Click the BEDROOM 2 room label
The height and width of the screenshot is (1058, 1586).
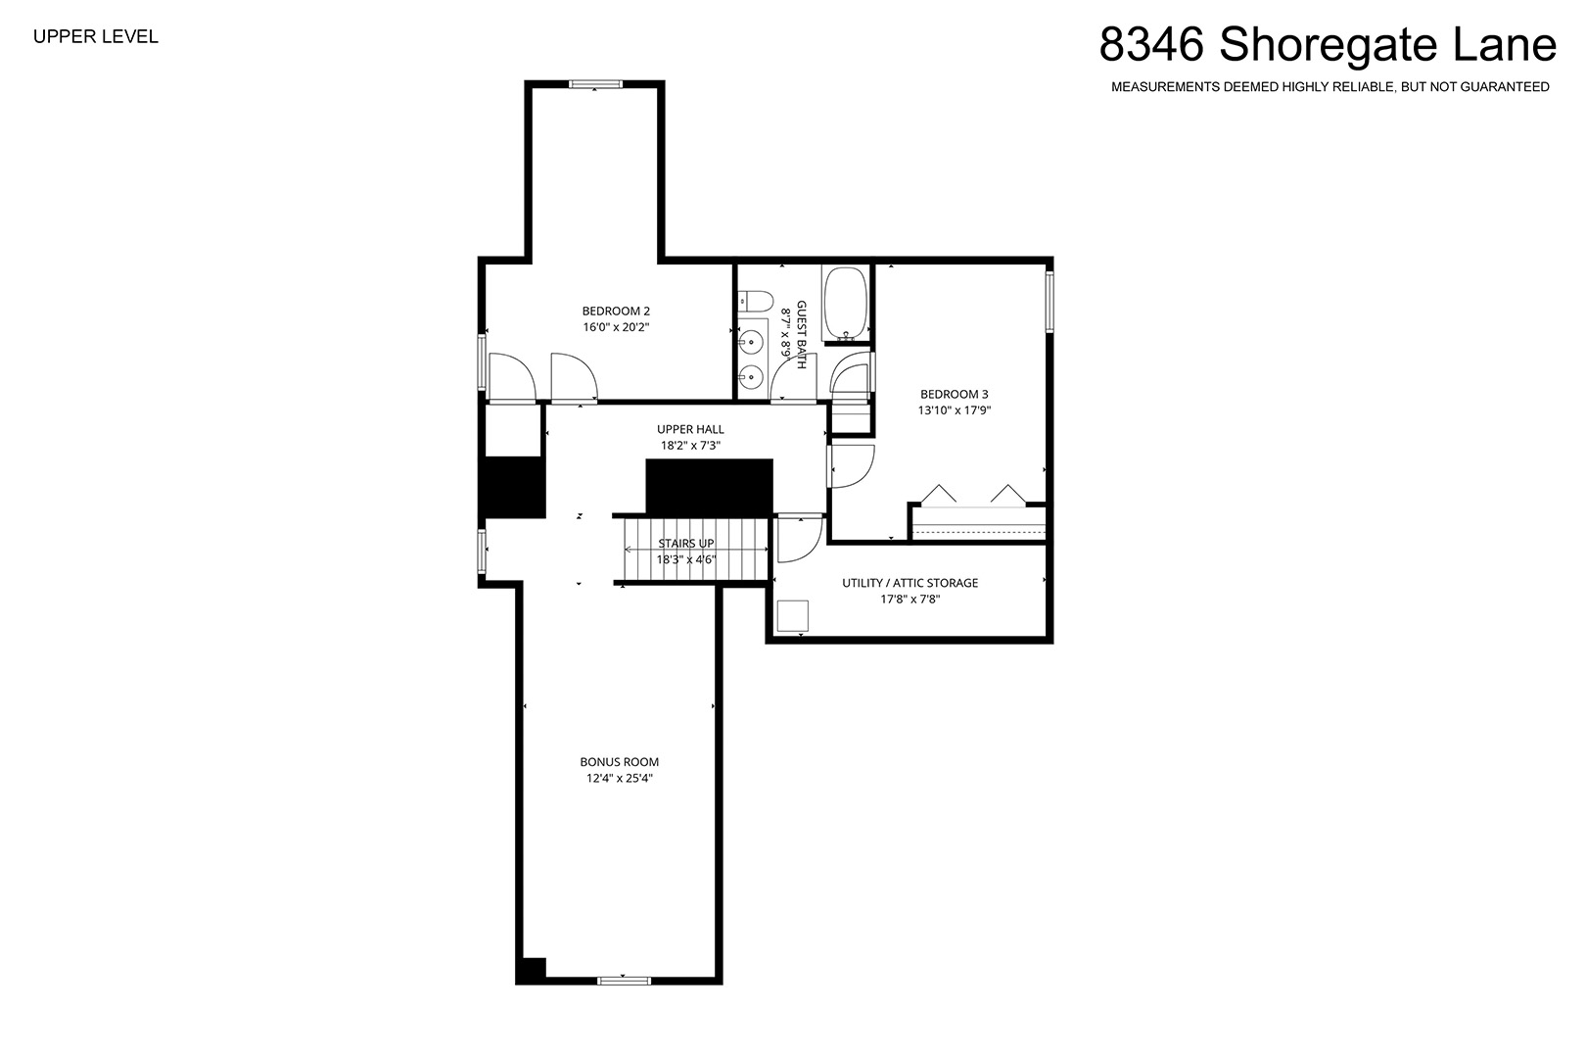pyautogui.click(x=616, y=312)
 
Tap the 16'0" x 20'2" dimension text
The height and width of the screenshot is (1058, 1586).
pyautogui.click(x=616, y=327)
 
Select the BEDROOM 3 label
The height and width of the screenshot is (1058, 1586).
pyautogui.click(x=955, y=394)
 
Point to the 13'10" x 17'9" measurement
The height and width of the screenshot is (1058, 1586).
pyautogui.click(x=955, y=410)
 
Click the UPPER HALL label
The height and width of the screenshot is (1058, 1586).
pyautogui.click(x=690, y=429)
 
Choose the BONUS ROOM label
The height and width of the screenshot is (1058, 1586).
pyautogui.click(x=620, y=762)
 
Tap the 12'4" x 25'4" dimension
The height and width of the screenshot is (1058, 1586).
pyautogui.click(x=620, y=779)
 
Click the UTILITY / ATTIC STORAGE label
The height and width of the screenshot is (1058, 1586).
pyautogui.click(x=910, y=583)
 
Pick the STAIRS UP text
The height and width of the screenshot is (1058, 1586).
pyautogui.click(x=686, y=544)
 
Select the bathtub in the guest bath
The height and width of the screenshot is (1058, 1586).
pyautogui.click(x=845, y=304)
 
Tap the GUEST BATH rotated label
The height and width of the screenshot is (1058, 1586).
pyautogui.click(x=802, y=334)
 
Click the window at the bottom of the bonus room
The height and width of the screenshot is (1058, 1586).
pyautogui.click(x=624, y=981)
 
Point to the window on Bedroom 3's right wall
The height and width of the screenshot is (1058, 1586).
pyautogui.click(x=1050, y=302)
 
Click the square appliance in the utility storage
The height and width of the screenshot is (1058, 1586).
pyautogui.click(x=793, y=616)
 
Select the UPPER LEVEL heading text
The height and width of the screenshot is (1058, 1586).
pyautogui.click(x=96, y=37)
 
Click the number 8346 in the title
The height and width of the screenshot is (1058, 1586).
pyautogui.click(x=1151, y=44)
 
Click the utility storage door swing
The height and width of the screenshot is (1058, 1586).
pyautogui.click(x=800, y=539)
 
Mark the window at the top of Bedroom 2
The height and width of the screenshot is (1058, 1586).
pyautogui.click(x=596, y=84)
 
